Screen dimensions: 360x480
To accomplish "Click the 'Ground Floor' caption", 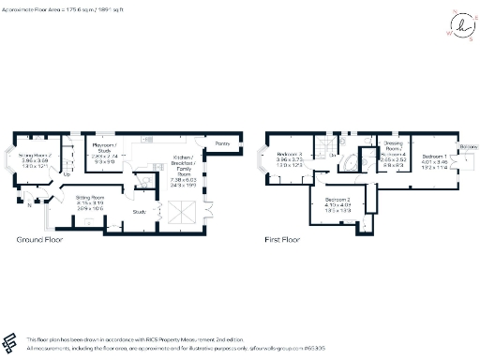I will pyautogui.click(x=40, y=241).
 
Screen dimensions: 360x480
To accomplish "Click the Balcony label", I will pyautogui.click(x=466, y=148).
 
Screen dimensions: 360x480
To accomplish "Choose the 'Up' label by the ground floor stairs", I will pyautogui.click(x=66, y=174).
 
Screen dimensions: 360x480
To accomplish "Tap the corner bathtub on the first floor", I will pyautogui.click(x=349, y=166).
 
